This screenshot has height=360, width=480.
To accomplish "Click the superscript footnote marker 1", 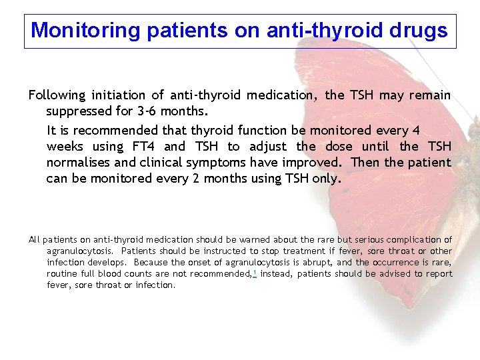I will click(255, 273).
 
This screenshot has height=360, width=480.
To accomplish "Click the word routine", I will click(62, 273).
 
